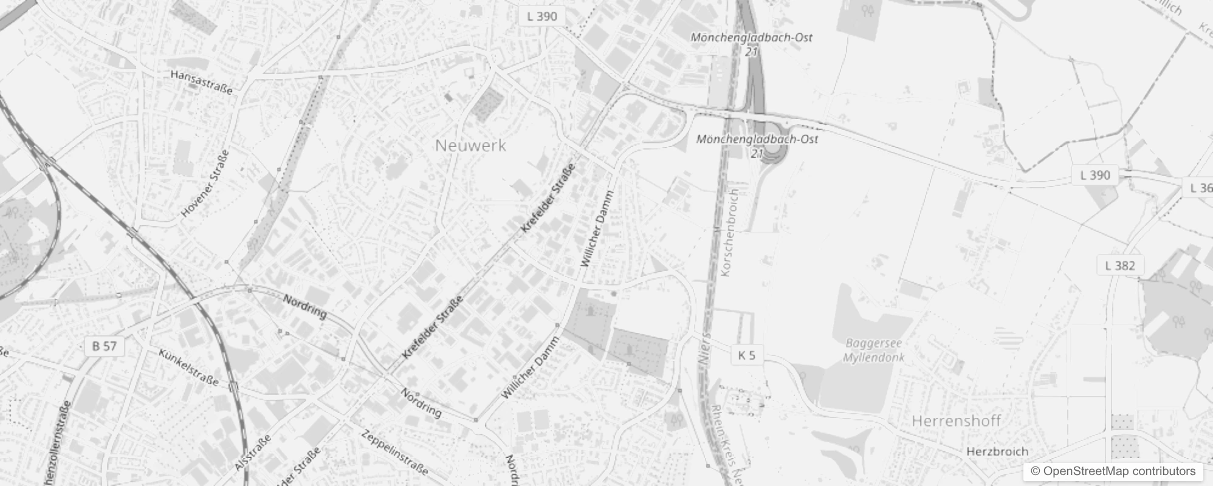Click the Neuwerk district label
pyautogui.click(x=470, y=146)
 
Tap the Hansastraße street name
pyautogui.click(x=202, y=82)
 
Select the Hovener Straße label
pyautogui.click(x=206, y=183)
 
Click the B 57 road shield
pyautogui.click(x=104, y=346)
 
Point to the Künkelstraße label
pyautogui.click(x=188, y=367)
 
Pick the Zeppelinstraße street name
pyautogui.click(x=394, y=453)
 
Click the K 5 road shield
pyautogui.click(x=746, y=355)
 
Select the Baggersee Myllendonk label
pyautogui.click(x=874, y=351)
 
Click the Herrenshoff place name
pyautogui.click(x=956, y=421)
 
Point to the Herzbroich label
pyautogui.click(x=997, y=451)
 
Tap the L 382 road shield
pyautogui.click(x=1120, y=265)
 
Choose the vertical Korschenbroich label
pyautogui.click(x=729, y=232)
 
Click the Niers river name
pyautogui.click(x=705, y=349)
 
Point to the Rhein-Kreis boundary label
pyautogui.click(x=726, y=440)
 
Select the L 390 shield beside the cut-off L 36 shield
pyautogui.click(x=1095, y=175)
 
